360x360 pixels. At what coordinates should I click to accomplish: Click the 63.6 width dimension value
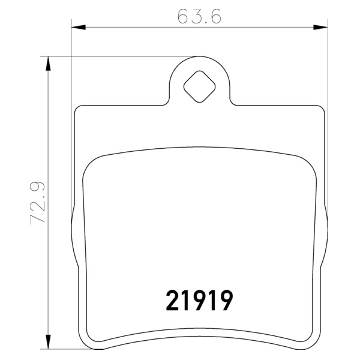tap(199, 16)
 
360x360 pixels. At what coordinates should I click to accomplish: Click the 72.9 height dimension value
tap(37, 202)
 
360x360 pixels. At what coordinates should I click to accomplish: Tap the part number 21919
tap(199, 300)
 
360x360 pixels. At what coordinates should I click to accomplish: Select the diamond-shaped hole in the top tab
tap(199, 86)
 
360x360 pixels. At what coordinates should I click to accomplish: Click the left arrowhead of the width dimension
tap(78, 28)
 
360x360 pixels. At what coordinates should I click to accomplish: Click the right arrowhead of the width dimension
tap(320, 28)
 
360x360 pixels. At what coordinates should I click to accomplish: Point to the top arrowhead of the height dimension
tap(48, 64)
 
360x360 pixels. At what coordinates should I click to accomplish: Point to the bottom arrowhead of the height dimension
tap(48, 342)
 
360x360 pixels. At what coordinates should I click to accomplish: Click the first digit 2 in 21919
tap(172, 300)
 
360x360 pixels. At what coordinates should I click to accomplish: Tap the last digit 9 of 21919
tap(226, 300)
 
